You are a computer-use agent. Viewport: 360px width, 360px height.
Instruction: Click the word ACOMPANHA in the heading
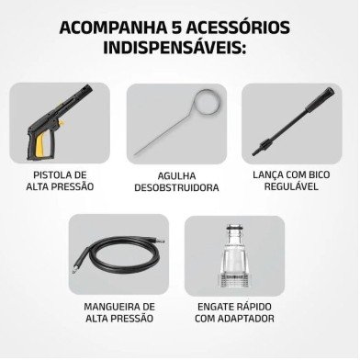[x=112, y=28]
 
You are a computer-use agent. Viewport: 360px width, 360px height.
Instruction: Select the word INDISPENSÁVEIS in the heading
[x=174, y=48]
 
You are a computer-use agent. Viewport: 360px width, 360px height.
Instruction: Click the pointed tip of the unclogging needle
[x=135, y=154]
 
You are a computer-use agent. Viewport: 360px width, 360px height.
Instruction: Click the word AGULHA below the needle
[x=176, y=176]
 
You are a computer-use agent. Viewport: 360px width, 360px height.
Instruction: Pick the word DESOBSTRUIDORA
[x=176, y=187]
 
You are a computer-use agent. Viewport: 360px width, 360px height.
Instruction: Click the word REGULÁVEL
[x=291, y=186]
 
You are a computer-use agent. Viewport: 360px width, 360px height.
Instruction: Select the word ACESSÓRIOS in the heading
[x=238, y=28]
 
